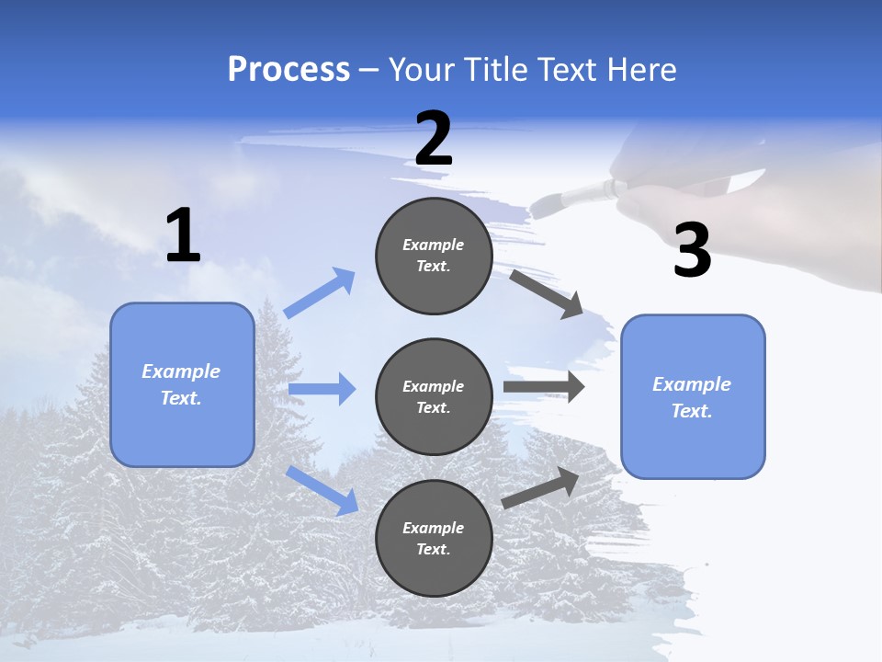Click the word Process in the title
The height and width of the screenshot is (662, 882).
pyautogui.click(x=288, y=70)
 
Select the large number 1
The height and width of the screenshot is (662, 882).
pyautogui.click(x=183, y=236)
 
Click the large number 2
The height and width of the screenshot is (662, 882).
pyautogui.click(x=434, y=139)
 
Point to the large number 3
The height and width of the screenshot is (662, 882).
pyautogui.click(x=692, y=251)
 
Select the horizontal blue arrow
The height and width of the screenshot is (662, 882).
pyautogui.click(x=322, y=389)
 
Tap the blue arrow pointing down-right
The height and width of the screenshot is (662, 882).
pyautogui.click(x=322, y=490)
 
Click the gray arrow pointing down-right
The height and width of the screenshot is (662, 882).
pyautogui.click(x=546, y=293)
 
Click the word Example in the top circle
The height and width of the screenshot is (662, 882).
pyautogui.click(x=434, y=245)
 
